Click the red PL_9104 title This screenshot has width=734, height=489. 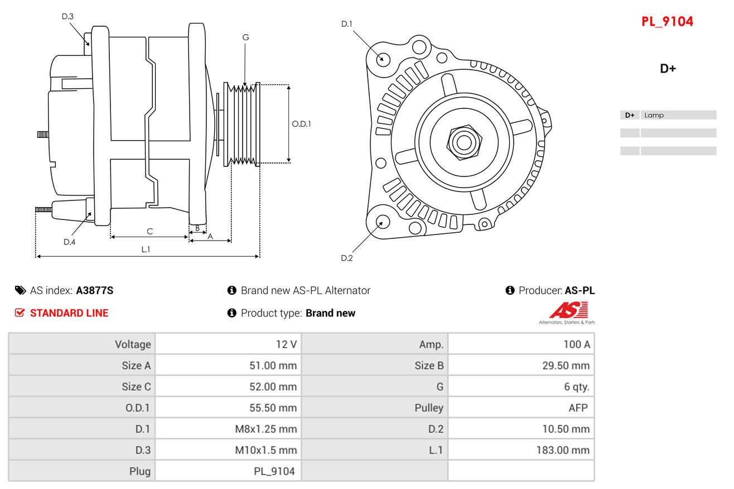(667, 22)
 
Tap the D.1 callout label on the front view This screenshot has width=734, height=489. (347, 24)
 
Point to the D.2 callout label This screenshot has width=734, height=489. (347, 258)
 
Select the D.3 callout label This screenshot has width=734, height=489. (67, 16)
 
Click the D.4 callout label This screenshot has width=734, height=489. (69, 242)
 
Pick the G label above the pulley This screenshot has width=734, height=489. (245, 37)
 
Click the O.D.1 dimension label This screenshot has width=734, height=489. (301, 124)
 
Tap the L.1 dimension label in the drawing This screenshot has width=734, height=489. (146, 250)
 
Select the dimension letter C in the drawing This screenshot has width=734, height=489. (149, 231)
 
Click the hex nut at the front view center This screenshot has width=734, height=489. (464, 142)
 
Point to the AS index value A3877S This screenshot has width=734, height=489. (94, 290)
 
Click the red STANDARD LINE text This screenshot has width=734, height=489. (69, 313)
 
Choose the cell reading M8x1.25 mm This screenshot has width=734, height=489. (266, 429)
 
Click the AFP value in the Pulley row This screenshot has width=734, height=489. (578, 407)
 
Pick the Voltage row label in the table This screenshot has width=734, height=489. (133, 344)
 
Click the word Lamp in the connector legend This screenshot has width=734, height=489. (654, 115)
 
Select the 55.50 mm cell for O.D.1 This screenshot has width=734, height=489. (273, 407)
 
